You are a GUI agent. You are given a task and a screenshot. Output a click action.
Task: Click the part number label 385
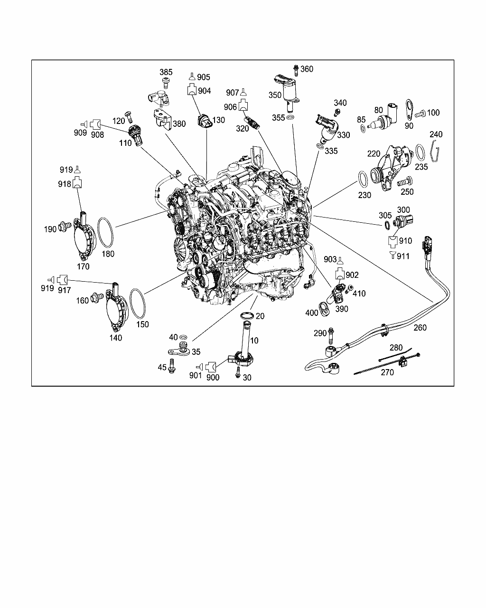(166, 72)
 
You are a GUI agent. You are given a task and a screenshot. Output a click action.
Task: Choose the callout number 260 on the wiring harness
(420, 327)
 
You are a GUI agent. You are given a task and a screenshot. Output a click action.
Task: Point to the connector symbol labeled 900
(211, 366)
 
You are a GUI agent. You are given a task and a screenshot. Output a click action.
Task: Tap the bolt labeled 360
(296, 70)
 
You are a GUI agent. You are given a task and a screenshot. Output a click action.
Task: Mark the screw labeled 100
(419, 114)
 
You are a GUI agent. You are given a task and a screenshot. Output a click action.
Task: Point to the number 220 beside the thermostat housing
(374, 154)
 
